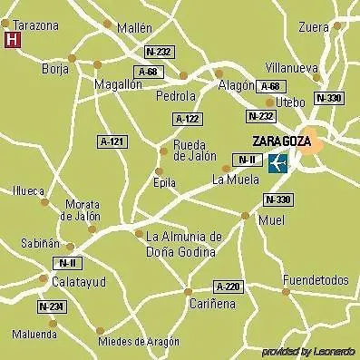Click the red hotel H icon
pos(13,40)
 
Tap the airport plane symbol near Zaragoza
pos(278,163)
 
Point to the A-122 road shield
pos(187,119)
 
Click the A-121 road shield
pos(112,141)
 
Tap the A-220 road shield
pos(229,287)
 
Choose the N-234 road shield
pos(51,307)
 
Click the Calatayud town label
pos(53,282)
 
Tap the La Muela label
pos(235,180)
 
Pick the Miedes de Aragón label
pos(139,342)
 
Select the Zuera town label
pos(313,27)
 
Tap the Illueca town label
pos(28,190)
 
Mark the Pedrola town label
pos(176,95)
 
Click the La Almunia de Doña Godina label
pos(183,243)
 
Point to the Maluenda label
pos(34,335)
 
